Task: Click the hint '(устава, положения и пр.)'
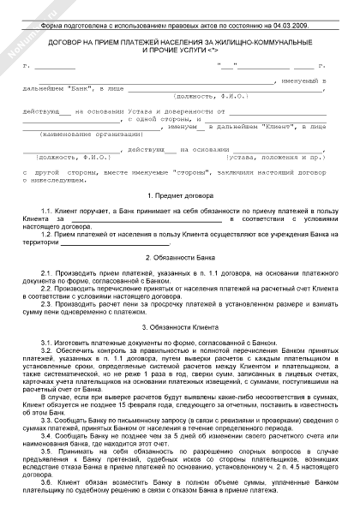click(274, 158)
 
